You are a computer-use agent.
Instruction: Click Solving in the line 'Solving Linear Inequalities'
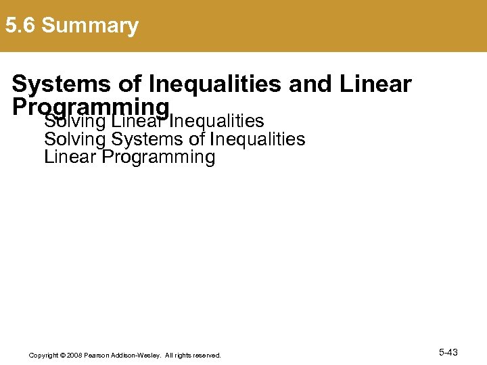(75, 122)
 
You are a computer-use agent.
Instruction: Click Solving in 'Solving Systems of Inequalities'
(75, 140)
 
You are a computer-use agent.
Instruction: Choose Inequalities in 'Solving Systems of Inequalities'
(258, 140)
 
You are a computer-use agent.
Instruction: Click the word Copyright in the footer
(44, 355)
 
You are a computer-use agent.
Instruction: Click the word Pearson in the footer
(97, 355)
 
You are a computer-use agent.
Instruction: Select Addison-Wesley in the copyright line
(136, 355)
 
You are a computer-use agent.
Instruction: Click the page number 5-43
(448, 352)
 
